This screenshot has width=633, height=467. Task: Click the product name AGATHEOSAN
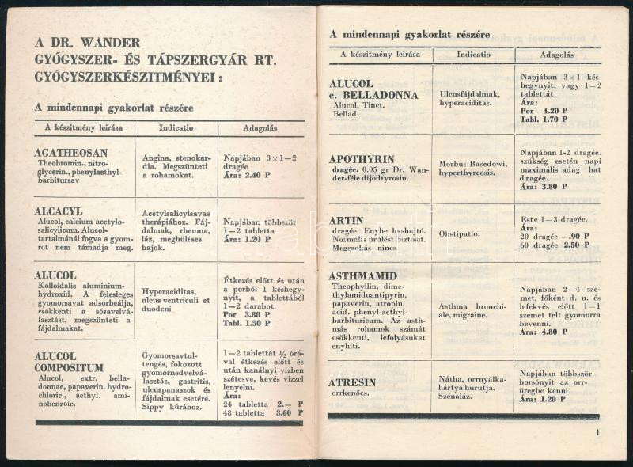pyautogui.click(x=71, y=153)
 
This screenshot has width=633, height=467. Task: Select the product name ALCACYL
pyautogui.click(x=58, y=211)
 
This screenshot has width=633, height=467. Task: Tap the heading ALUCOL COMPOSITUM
pyautogui.click(x=69, y=362)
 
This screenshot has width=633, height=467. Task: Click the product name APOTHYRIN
pyautogui.click(x=362, y=159)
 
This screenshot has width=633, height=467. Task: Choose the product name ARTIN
pyautogui.click(x=347, y=221)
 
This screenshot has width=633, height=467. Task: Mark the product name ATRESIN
pyautogui.click(x=353, y=383)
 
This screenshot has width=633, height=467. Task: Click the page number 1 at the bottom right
pyautogui.click(x=598, y=432)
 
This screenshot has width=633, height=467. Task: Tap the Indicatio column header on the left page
pyautogui.click(x=176, y=127)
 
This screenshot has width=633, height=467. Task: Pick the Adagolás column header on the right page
pyautogui.click(x=558, y=55)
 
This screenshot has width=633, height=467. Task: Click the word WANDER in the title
pyautogui.click(x=111, y=43)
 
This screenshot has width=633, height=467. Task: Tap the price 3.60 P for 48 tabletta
pyautogui.click(x=286, y=412)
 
